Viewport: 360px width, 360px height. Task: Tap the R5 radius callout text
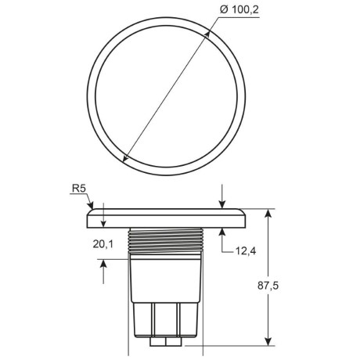[x=78, y=189]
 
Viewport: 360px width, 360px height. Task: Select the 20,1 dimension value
[x=103, y=244]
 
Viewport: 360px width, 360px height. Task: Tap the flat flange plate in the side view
[x=167, y=218]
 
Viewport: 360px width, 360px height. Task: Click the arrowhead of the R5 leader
[x=90, y=208]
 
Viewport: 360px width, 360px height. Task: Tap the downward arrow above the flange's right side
[x=223, y=205]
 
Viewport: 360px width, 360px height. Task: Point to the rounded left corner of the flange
[x=88, y=212]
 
